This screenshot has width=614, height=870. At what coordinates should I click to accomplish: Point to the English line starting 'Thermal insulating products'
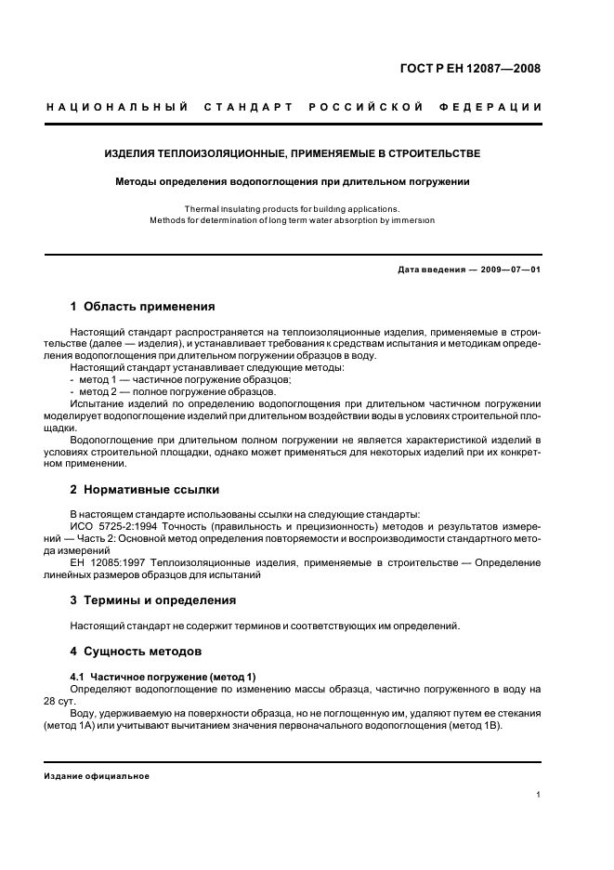[292, 209]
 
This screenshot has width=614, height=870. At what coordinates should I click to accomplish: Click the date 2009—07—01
[507, 270]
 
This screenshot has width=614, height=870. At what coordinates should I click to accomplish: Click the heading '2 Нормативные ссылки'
[145, 489]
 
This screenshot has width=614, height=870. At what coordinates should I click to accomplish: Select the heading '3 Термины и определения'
[153, 600]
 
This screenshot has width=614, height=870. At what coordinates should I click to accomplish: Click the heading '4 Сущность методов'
[136, 651]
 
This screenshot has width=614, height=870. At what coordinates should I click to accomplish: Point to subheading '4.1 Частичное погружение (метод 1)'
[163, 676]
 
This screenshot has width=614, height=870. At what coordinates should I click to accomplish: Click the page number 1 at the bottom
[539, 795]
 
